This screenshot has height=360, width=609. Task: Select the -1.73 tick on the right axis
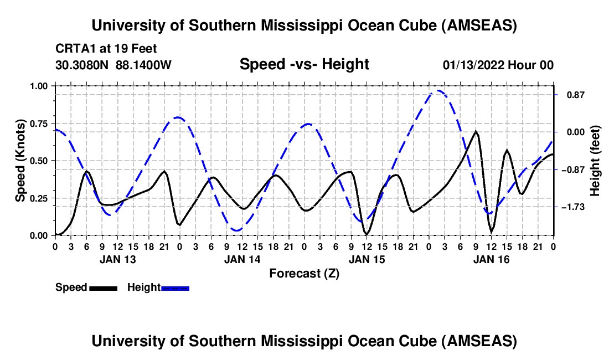[571, 207]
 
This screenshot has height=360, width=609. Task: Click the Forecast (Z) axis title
[304, 273]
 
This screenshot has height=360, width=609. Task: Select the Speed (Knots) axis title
[20, 161]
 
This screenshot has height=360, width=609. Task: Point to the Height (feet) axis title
[595, 161]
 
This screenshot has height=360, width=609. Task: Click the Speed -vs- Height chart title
[304, 64]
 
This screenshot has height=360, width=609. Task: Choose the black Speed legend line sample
[103, 288]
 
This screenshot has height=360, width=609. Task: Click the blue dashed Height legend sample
[176, 288]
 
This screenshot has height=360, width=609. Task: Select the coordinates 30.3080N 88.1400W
[113, 65]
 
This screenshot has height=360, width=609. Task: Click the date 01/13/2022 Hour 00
[498, 65]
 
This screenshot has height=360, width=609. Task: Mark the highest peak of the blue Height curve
[438, 90]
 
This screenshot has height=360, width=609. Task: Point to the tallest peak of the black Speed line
[476, 131]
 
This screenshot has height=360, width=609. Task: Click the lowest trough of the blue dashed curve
[237, 230]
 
